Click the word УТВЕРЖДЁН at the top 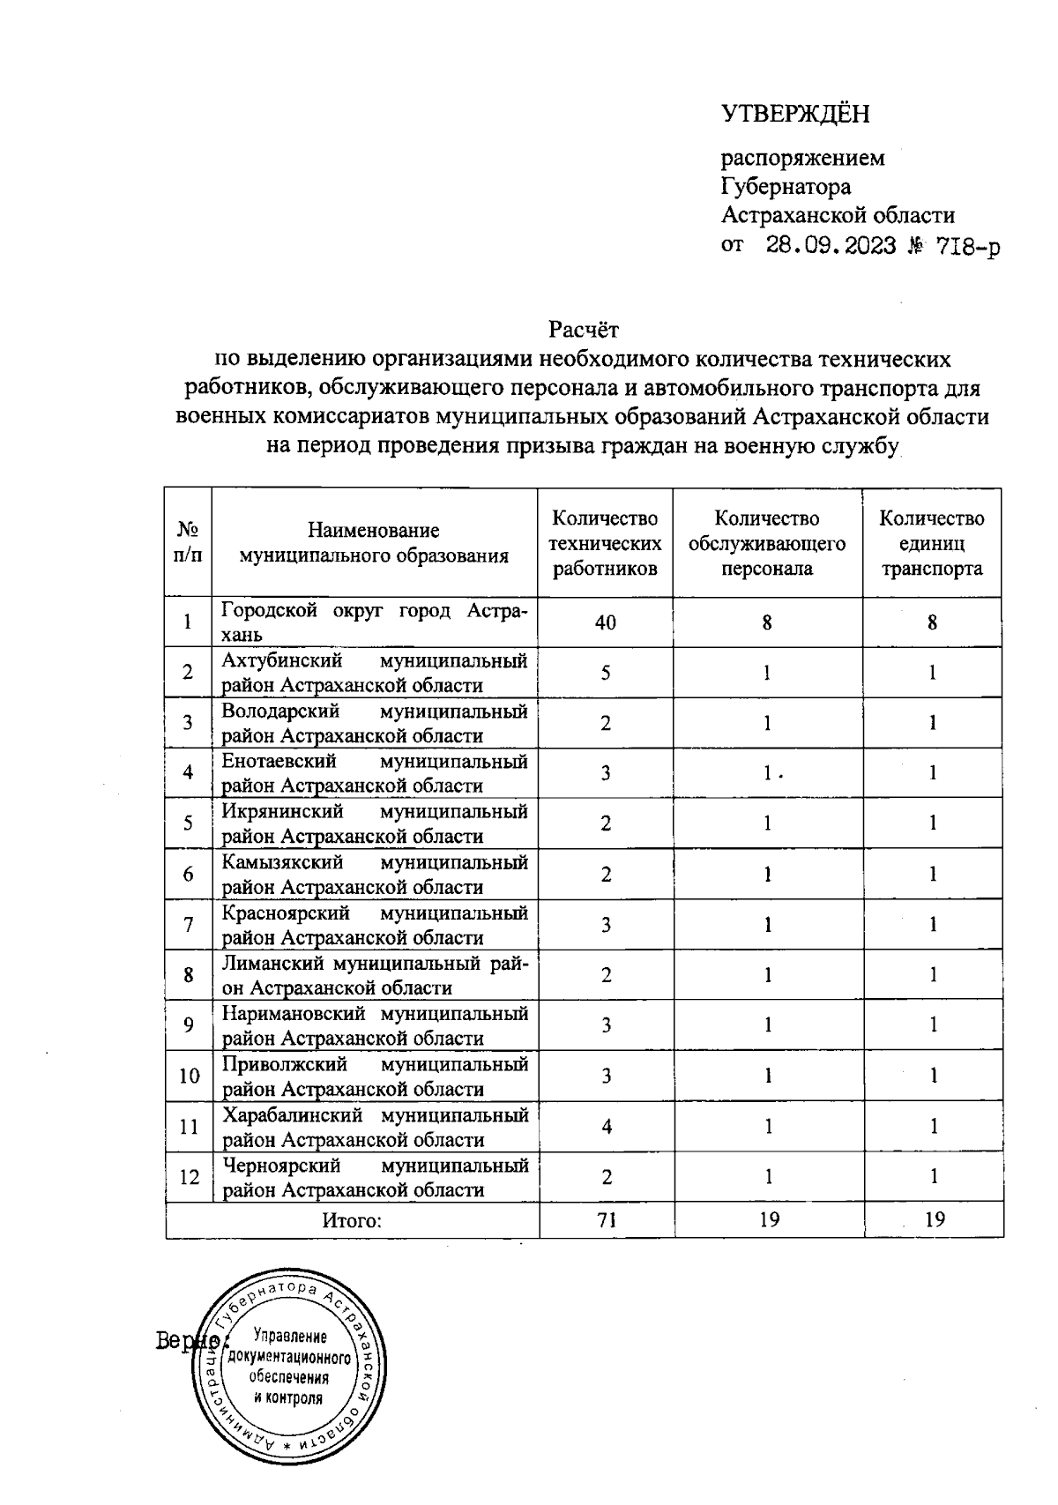[x=795, y=114]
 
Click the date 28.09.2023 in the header [x=831, y=246]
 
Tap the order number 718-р [x=968, y=247]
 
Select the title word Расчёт [x=584, y=330]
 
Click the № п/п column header [x=188, y=542]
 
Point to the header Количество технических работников [x=605, y=543]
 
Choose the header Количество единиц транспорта [x=932, y=543]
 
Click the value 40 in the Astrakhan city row [x=605, y=622]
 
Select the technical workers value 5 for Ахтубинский [x=606, y=673]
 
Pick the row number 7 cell [x=189, y=925]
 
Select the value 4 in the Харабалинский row [x=607, y=1126]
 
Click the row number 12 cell [x=189, y=1177]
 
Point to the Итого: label [x=352, y=1221]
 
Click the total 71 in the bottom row [x=607, y=1220]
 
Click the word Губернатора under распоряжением [x=786, y=187]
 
